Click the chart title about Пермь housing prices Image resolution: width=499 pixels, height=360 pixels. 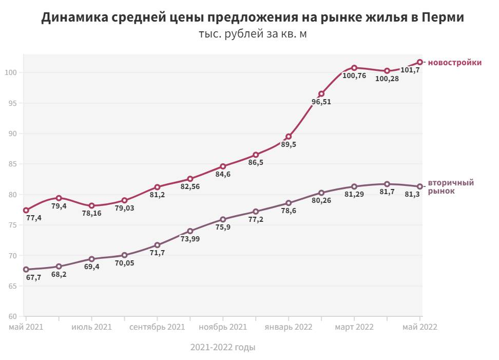point(253,17)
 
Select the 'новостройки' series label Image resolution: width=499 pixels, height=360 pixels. point(455,63)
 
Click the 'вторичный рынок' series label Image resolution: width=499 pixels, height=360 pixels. point(451,187)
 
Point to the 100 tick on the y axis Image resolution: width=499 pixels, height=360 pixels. point(12,72)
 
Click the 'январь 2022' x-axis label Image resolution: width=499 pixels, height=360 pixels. point(289,327)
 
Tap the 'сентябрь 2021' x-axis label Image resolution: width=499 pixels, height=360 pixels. point(157,327)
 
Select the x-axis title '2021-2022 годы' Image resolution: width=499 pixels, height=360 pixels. point(223,348)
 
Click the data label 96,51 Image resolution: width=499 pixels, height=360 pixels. point(321,102)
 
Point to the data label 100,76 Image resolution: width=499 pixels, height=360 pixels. point(354,76)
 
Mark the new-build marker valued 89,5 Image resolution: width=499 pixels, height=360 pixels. point(289,137)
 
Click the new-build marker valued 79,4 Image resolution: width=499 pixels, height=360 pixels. point(59,198)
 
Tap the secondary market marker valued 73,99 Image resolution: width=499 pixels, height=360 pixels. point(190,231)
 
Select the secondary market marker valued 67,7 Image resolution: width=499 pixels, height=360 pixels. point(26,269)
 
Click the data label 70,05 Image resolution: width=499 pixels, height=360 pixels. point(124,263)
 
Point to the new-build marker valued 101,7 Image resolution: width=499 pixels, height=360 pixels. point(419,62)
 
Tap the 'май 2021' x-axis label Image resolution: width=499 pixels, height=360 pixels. point(26,327)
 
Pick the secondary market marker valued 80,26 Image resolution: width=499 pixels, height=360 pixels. point(321,193)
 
